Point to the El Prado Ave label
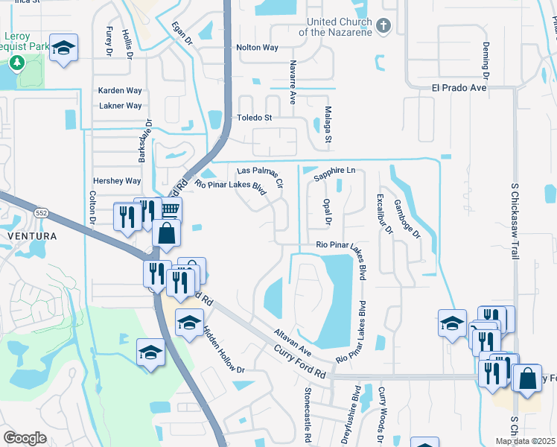pos(459,87)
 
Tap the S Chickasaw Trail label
pos(514,221)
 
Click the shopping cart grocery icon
pos(171,210)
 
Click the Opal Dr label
pos(327,212)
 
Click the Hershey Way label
pos(117,181)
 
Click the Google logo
pos(25,437)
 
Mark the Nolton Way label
pos(257,48)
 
